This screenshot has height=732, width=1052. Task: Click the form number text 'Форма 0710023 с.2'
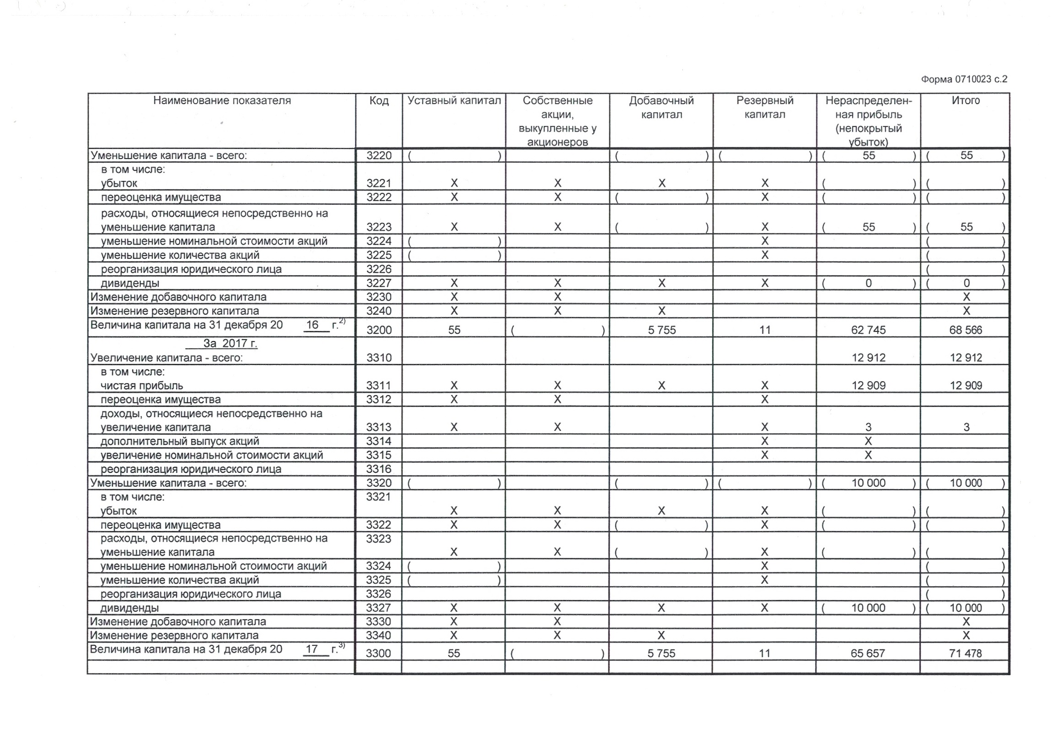pyautogui.click(x=964, y=79)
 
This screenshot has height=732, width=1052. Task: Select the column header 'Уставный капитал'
pyautogui.click(x=454, y=101)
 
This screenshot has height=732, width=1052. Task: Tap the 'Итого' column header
pyautogui.click(x=966, y=101)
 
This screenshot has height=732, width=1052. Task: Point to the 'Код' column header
pyautogui.click(x=379, y=101)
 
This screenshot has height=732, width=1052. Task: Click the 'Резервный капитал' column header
pyautogui.click(x=765, y=107)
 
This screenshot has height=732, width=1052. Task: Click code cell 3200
pyautogui.click(x=379, y=330)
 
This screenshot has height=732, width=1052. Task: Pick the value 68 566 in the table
pyautogui.click(x=966, y=330)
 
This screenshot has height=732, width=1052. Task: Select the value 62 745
pyautogui.click(x=868, y=330)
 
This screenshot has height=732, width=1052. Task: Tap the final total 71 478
pyautogui.click(x=966, y=653)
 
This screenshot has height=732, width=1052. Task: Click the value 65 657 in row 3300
pyautogui.click(x=868, y=653)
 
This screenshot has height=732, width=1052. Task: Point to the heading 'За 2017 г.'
pyautogui.click(x=230, y=343)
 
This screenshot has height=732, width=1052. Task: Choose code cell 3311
pyautogui.click(x=378, y=386)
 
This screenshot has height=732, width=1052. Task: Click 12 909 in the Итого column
pyautogui.click(x=966, y=386)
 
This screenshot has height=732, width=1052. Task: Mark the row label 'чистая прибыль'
pyautogui.click(x=142, y=386)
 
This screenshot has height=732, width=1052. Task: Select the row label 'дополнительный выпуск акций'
pyautogui.click(x=180, y=441)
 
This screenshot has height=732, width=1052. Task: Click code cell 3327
pyautogui.click(x=378, y=608)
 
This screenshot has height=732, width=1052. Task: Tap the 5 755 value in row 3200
pyautogui.click(x=662, y=330)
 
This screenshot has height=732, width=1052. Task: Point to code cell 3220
pyautogui.click(x=379, y=156)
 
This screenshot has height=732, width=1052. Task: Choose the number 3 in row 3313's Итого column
pyautogui.click(x=966, y=427)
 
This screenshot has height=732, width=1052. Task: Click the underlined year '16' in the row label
pyautogui.click(x=312, y=325)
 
